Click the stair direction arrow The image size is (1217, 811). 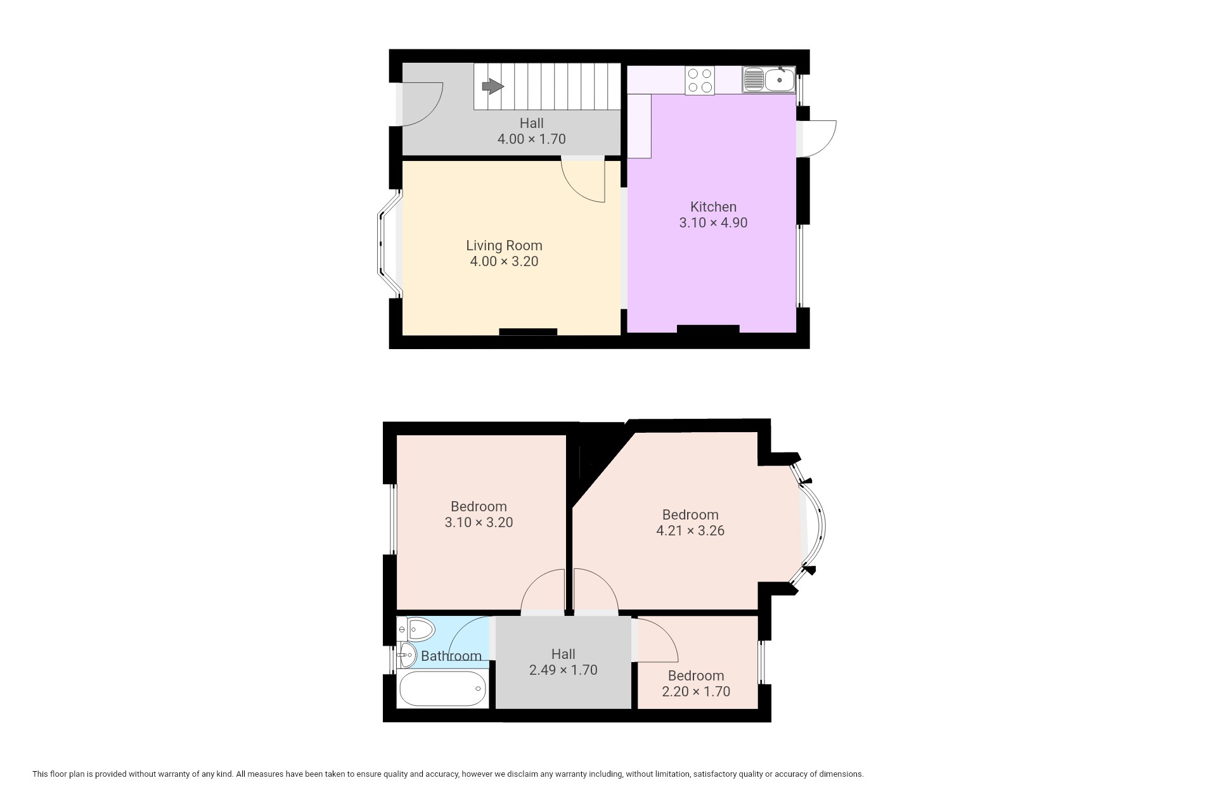493,86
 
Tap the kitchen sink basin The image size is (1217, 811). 780,80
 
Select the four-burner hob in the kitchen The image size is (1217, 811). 700,80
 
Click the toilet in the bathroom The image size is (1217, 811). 416,630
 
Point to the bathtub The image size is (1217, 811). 443,689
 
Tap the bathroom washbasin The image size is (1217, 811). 407,655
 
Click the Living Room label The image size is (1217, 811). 504,245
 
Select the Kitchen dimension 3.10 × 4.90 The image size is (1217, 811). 713,223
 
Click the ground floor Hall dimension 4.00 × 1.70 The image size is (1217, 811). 531,139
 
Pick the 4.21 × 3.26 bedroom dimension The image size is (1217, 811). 690,531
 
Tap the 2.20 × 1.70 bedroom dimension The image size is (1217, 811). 696,691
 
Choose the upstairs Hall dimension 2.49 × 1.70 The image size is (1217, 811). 563,670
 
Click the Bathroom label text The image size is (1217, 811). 451,656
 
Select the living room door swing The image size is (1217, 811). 583,181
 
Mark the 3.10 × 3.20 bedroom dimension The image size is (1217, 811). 479,523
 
